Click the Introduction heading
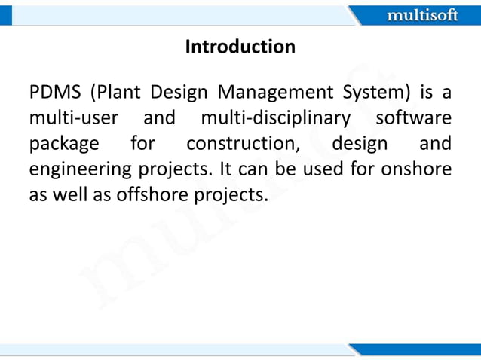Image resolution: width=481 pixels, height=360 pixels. (240, 47)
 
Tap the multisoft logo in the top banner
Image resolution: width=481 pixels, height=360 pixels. (421, 15)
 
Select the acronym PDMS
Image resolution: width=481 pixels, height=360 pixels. (54, 93)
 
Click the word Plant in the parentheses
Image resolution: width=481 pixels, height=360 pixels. (118, 93)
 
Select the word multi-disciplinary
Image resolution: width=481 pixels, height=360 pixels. (275, 118)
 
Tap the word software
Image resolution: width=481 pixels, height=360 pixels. (414, 118)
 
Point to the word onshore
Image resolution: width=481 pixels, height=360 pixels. (416, 169)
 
